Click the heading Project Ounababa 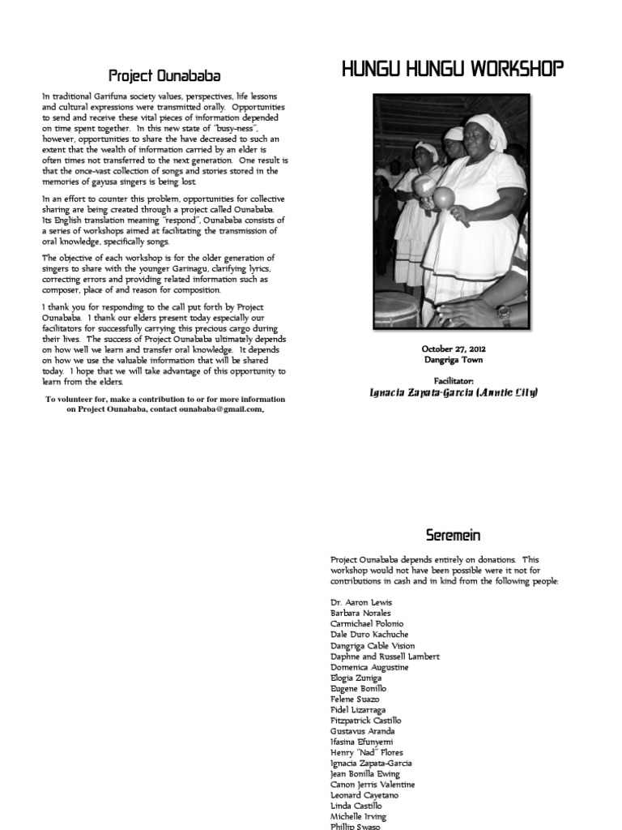[165, 76]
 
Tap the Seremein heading [453, 535]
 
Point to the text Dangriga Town [453, 359]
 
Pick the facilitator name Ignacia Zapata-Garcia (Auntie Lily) [453, 392]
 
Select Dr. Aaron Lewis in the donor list [362, 603]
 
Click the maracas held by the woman [444, 196]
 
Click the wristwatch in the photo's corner [504, 312]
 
